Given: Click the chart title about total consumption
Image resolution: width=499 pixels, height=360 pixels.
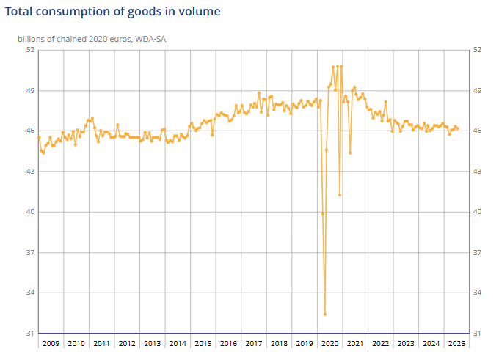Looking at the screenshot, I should tap(112, 12).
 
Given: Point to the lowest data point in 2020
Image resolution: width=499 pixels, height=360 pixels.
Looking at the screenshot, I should tap(324, 314).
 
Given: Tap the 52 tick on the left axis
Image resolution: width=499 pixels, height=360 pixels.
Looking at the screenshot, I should tap(30, 50).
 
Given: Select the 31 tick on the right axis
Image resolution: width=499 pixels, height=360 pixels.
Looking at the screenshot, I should tap(478, 334).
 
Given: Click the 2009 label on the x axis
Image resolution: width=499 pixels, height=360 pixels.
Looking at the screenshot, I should tap(51, 343).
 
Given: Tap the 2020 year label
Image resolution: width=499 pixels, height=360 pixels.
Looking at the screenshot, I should tap(329, 343).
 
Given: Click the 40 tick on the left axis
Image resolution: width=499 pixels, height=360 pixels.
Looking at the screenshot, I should tap(30, 212).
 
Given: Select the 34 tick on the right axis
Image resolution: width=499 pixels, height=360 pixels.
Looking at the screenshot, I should tap(478, 293).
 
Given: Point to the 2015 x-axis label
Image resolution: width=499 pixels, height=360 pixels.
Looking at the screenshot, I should tap(203, 343).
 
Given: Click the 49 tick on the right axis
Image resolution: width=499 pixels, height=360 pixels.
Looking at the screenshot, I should tap(478, 90).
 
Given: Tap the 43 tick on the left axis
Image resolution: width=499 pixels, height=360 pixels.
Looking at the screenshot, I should tap(30, 172).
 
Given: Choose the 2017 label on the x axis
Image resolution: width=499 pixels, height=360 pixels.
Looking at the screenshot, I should tap(253, 343).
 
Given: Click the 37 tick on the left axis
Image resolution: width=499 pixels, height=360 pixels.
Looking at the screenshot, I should tap(30, 252).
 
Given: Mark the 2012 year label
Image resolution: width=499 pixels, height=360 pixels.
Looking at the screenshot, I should tap(126, 343).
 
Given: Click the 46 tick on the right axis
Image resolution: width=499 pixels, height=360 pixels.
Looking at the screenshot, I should tap(478, 131).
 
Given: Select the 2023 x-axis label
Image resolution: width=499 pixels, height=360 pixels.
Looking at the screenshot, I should tap(406, 343).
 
